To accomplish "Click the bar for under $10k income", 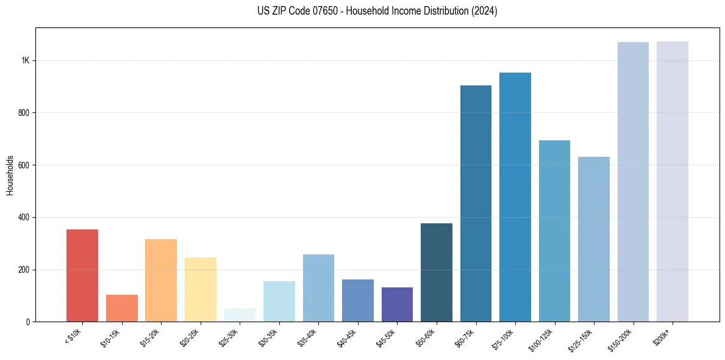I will [x=82, y=275].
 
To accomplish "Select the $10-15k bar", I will [x=121, y=308].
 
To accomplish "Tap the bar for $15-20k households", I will [x=161, y=280].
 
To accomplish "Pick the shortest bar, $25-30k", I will [x=240, y=315].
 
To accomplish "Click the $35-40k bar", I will [x=318, y=288].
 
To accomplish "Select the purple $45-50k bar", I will [x=397, y=304].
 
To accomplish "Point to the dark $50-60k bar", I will [x=437, y=275].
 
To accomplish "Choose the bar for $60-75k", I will [x=476, y=203].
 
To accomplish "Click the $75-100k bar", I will [x=515, y=197].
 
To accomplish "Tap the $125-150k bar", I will [x=594, y=239].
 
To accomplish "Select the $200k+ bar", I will [x=673, y=181].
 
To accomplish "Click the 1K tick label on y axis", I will [x=26, y=60].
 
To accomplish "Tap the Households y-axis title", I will [x=10, y=175].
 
